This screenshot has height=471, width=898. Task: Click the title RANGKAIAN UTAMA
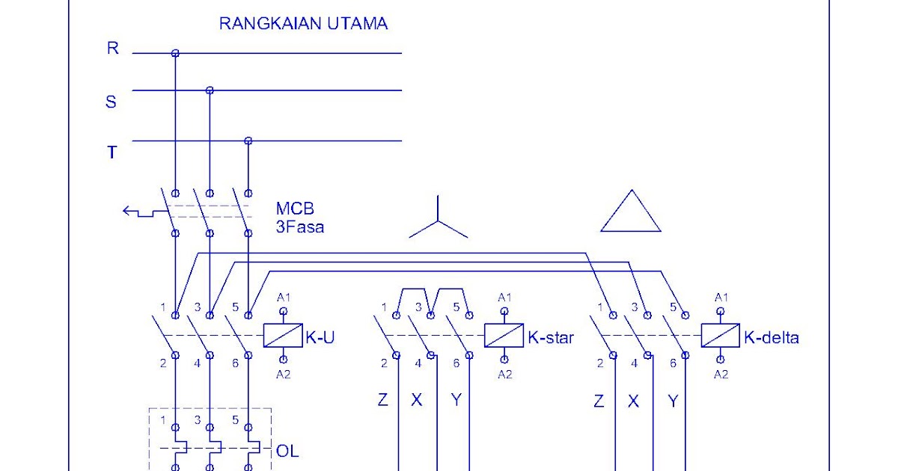[x=303, y=23]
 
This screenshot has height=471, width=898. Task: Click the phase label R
[x=112, y=49]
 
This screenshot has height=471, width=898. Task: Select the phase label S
[x=111, y=102]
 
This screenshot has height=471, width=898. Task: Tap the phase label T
[x=112, y=153]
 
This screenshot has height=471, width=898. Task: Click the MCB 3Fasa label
[x=299, y=218]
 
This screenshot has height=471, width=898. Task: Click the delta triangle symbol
[x=631, y=212]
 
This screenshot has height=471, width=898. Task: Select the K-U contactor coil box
[x=283, y=335]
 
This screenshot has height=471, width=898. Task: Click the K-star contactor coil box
[x=504, y=335]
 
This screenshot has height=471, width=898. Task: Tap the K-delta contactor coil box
[x=720, y=335]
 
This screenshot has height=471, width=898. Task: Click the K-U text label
[x=320, y=338]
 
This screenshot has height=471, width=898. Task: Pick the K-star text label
[x=551, y=338]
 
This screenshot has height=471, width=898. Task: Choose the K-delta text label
[x=772, y=338]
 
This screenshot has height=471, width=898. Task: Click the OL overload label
[x=288, y=451]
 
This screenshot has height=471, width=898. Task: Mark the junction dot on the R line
[x=175, y=53]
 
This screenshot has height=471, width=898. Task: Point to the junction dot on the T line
[x=248, y=141]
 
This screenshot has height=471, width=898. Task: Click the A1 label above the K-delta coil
[x=721, y=298]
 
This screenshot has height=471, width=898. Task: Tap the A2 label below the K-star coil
[x=505, y=374]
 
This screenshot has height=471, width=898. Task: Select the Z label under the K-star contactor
[x=382, y=400]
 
